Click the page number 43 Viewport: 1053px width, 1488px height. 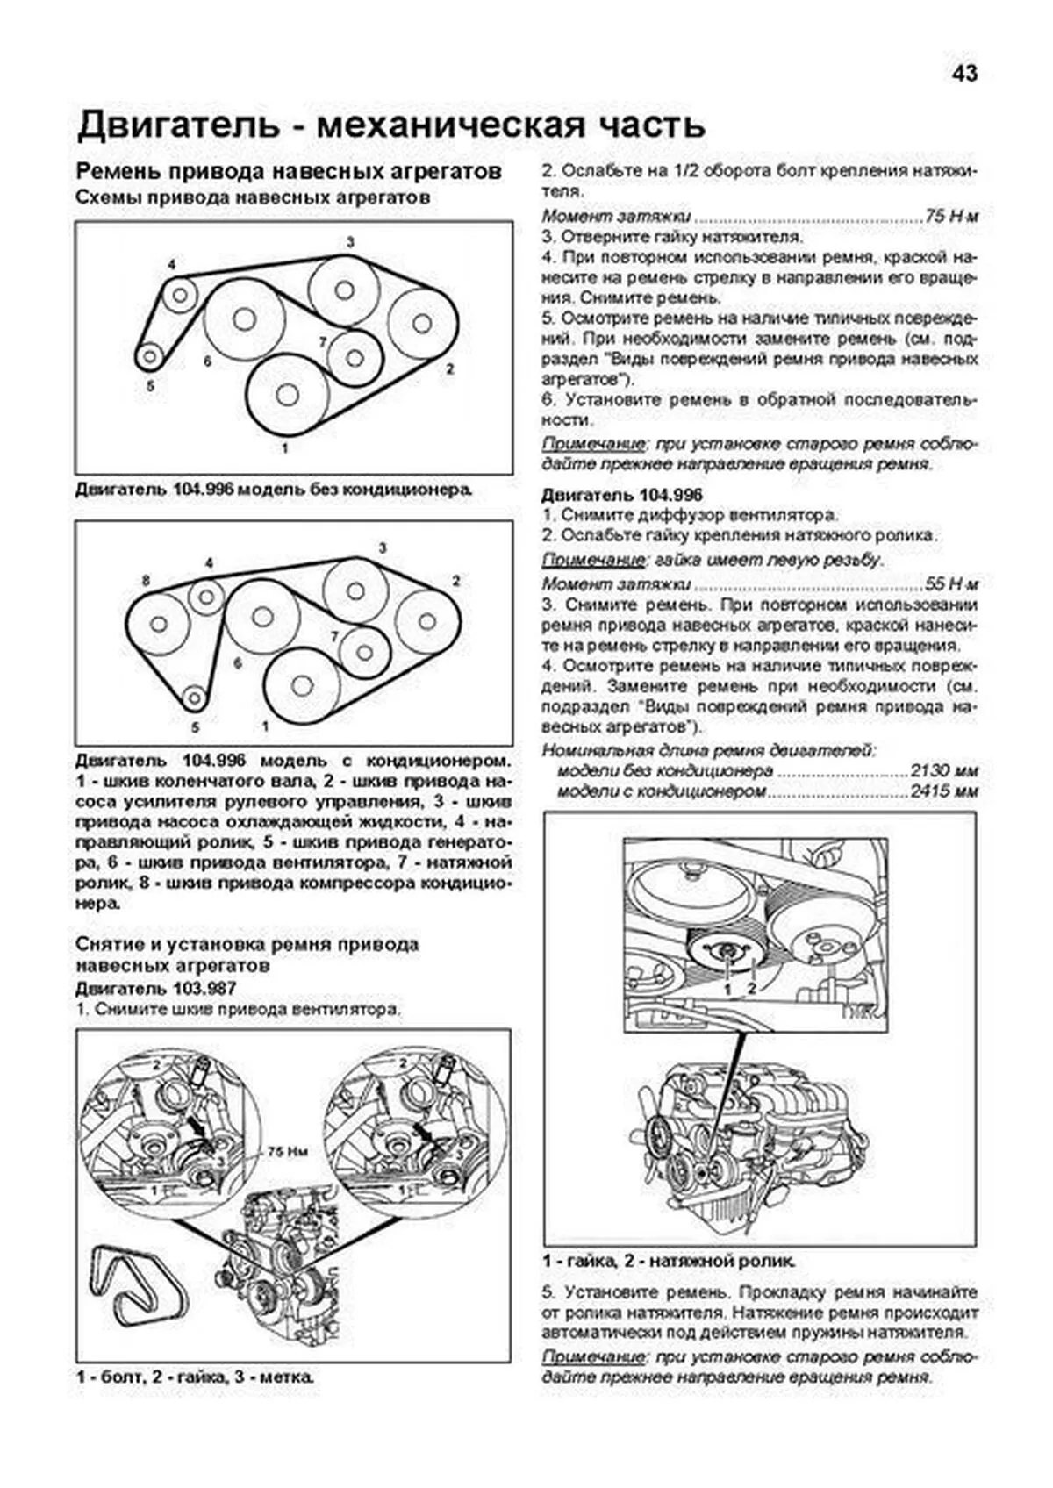[963, 74]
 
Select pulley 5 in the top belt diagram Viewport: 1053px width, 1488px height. [150, 356]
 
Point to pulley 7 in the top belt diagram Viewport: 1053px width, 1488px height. [355, 357]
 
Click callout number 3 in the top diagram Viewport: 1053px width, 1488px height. [350, 241]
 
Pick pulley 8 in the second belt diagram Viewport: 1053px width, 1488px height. [159, 624]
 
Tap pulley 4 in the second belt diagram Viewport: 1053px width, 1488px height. [207, 597]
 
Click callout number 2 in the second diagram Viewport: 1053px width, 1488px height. [455, 581]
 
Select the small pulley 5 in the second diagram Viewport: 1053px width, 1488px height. [194, 698]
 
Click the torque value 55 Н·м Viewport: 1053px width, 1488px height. [951, 583]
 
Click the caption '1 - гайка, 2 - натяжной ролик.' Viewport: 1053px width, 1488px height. [669, 1262]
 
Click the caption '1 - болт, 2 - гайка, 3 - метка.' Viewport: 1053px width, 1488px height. [195, 1377]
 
